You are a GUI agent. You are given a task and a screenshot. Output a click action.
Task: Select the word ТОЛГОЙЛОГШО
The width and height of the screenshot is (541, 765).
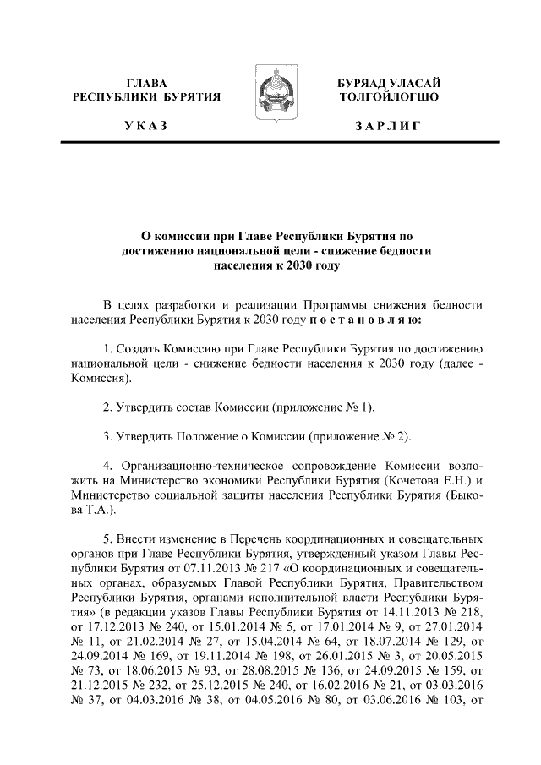coord(388,97)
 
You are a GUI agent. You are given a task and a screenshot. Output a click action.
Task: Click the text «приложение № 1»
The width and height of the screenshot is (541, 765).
coord(321,407)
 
